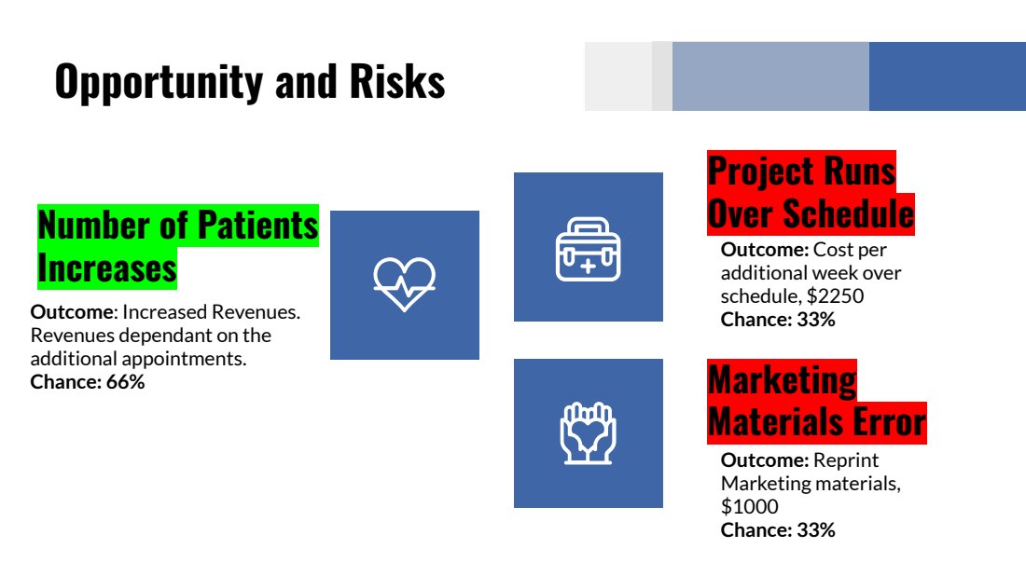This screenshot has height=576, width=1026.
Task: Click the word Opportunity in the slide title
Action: pos(159,82)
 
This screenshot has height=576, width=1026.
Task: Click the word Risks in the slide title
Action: pos(397,81)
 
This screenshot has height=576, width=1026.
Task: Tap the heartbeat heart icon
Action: pos(405,284)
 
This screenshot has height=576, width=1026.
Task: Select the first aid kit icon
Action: pos(589,250)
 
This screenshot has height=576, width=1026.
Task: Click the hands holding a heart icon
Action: pos(589,433)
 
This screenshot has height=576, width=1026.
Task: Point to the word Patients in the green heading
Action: pos(257,226)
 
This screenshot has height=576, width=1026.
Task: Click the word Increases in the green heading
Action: pos(107,268)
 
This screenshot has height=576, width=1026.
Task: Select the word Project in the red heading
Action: pos(761,171)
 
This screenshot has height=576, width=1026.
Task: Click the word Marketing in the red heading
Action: pos(782,380)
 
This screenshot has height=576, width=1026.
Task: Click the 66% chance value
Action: pos(125,382)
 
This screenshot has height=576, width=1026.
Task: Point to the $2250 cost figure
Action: pos(835,296)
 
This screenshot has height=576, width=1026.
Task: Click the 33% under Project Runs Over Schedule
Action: pos(815,320)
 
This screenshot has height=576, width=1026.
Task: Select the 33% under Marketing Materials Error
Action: pos(815,530)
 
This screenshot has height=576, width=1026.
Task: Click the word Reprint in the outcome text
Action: pos(846,461)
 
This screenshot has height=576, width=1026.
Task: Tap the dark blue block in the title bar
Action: pos(948,76)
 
